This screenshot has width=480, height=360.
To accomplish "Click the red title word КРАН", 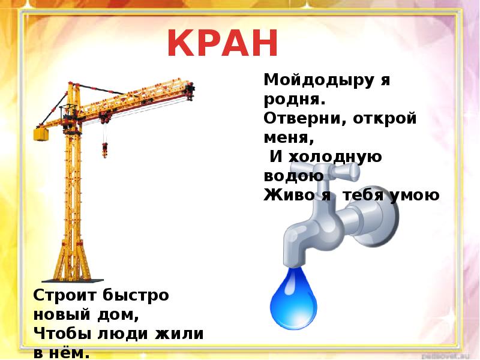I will coord(223,43).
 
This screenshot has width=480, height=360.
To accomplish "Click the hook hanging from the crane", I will coord(106,148).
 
